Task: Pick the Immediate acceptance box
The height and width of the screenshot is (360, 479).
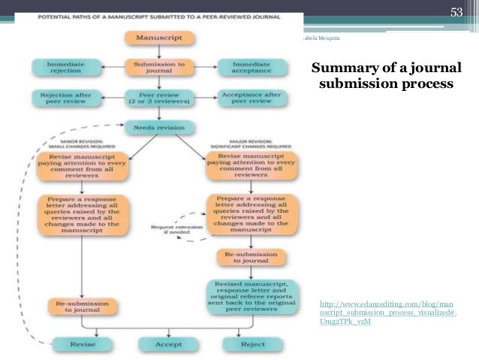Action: pyautogui.click(x=251, y=68)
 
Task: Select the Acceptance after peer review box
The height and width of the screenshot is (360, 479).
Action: pyautogui.click(x=251, y=98)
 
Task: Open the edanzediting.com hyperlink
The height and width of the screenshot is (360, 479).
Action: pyautogui.click(x=387, y=311)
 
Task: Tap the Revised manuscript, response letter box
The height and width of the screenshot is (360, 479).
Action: pyautogui.click(x=252, y=298)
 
